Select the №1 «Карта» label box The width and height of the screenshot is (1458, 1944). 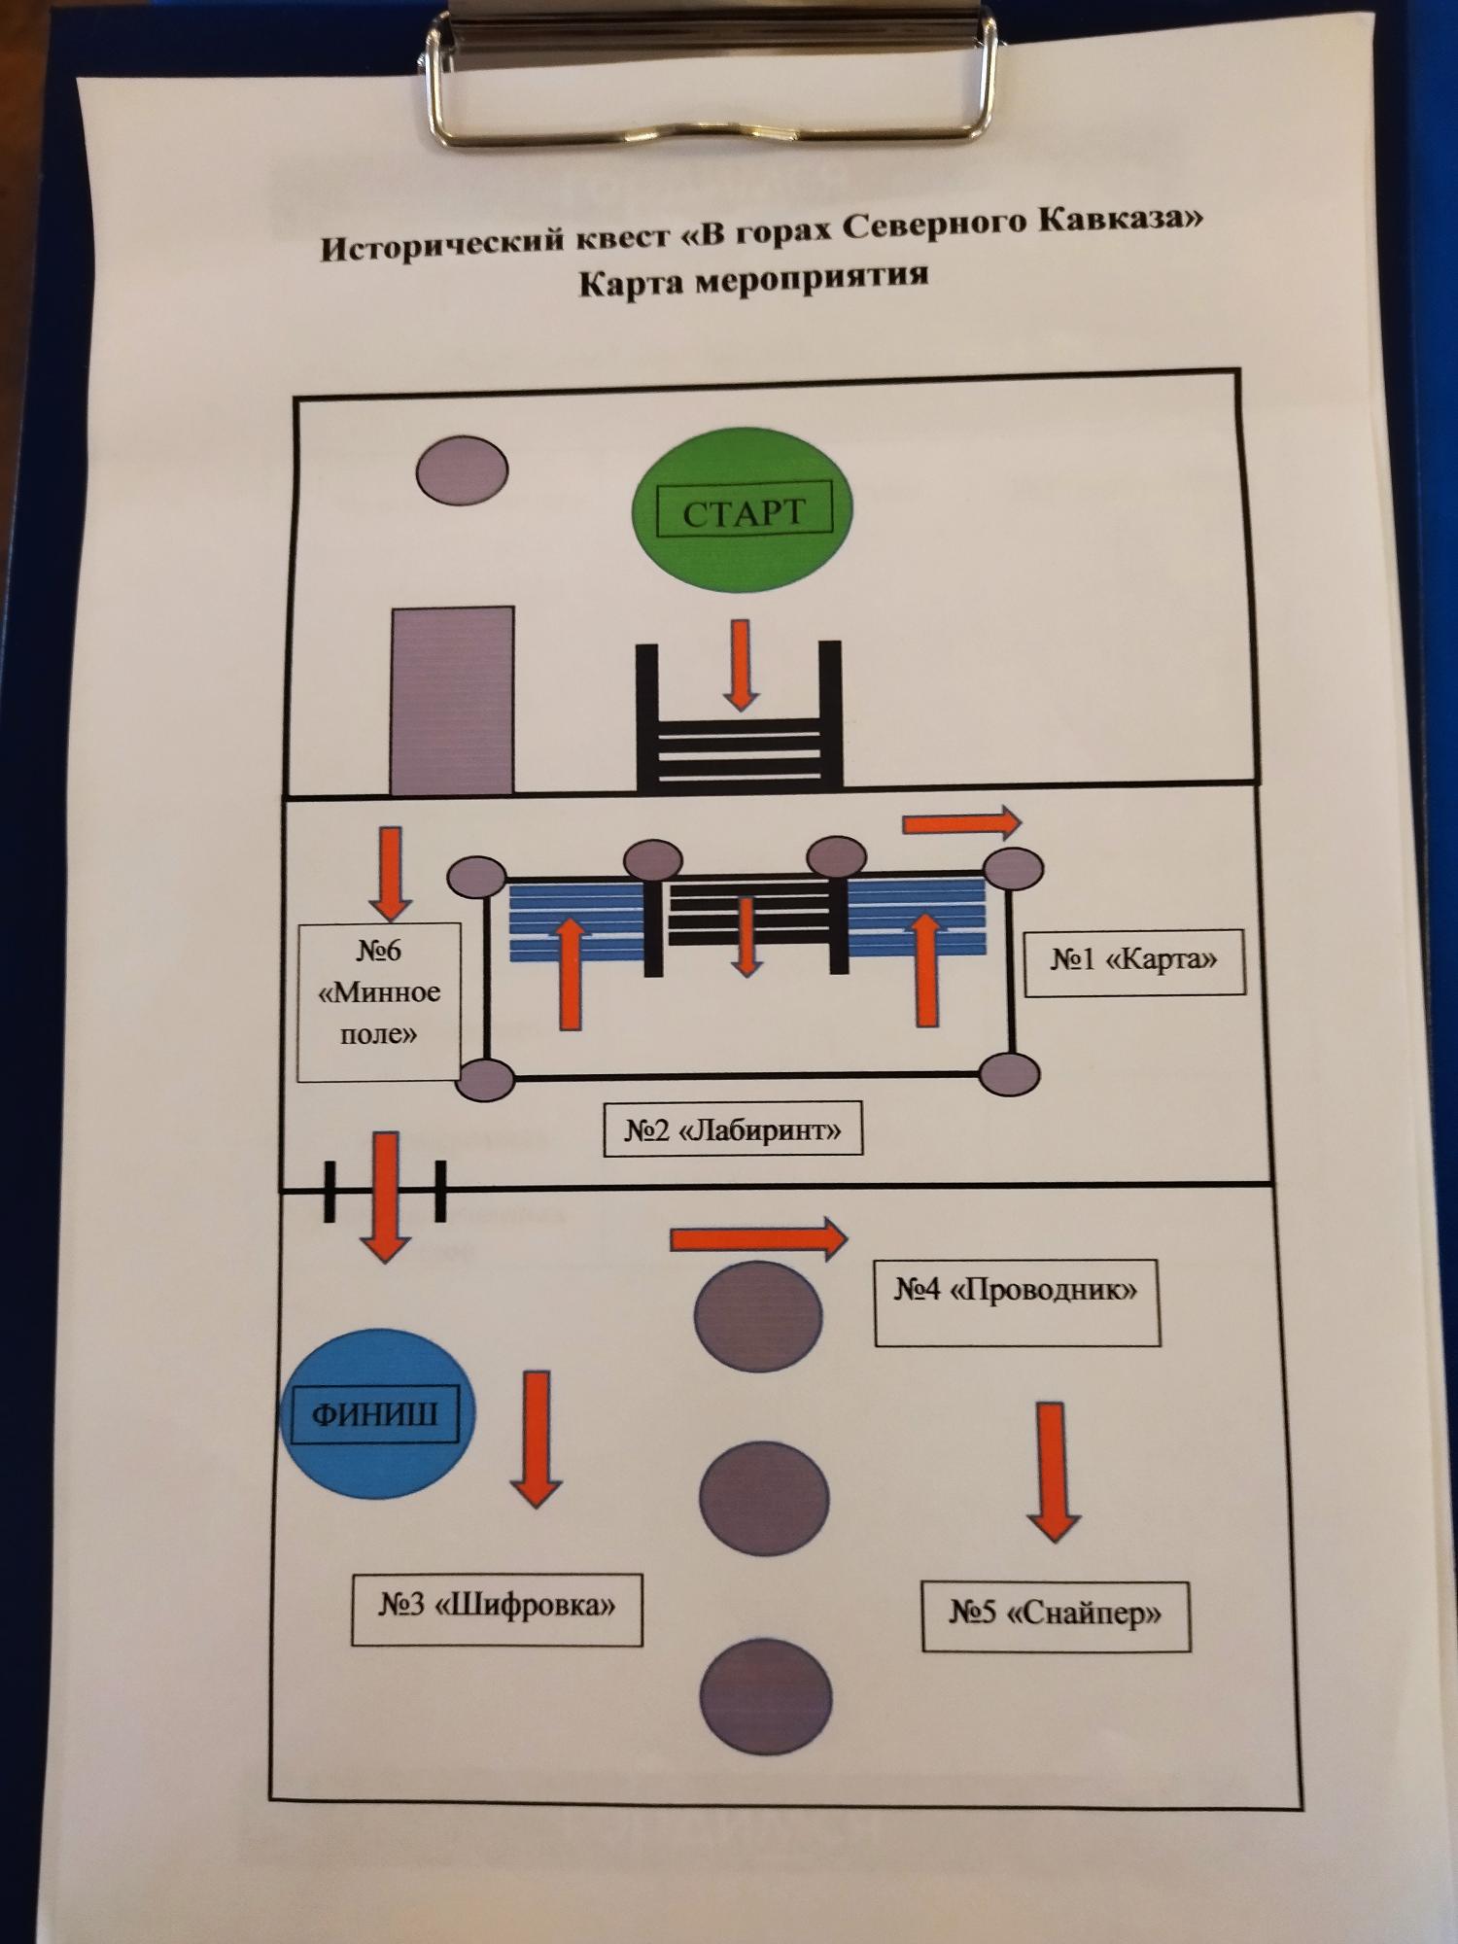1133,960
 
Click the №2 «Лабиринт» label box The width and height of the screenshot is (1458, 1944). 733,1130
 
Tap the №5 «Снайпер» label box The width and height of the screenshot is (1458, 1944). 1056,1614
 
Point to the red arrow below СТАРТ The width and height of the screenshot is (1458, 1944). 741,665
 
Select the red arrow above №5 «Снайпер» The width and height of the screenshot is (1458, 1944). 1053,1470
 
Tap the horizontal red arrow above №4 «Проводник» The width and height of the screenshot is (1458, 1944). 758,1238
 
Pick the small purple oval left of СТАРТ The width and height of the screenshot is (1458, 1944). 462,470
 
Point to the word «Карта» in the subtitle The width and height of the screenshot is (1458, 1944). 634,284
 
